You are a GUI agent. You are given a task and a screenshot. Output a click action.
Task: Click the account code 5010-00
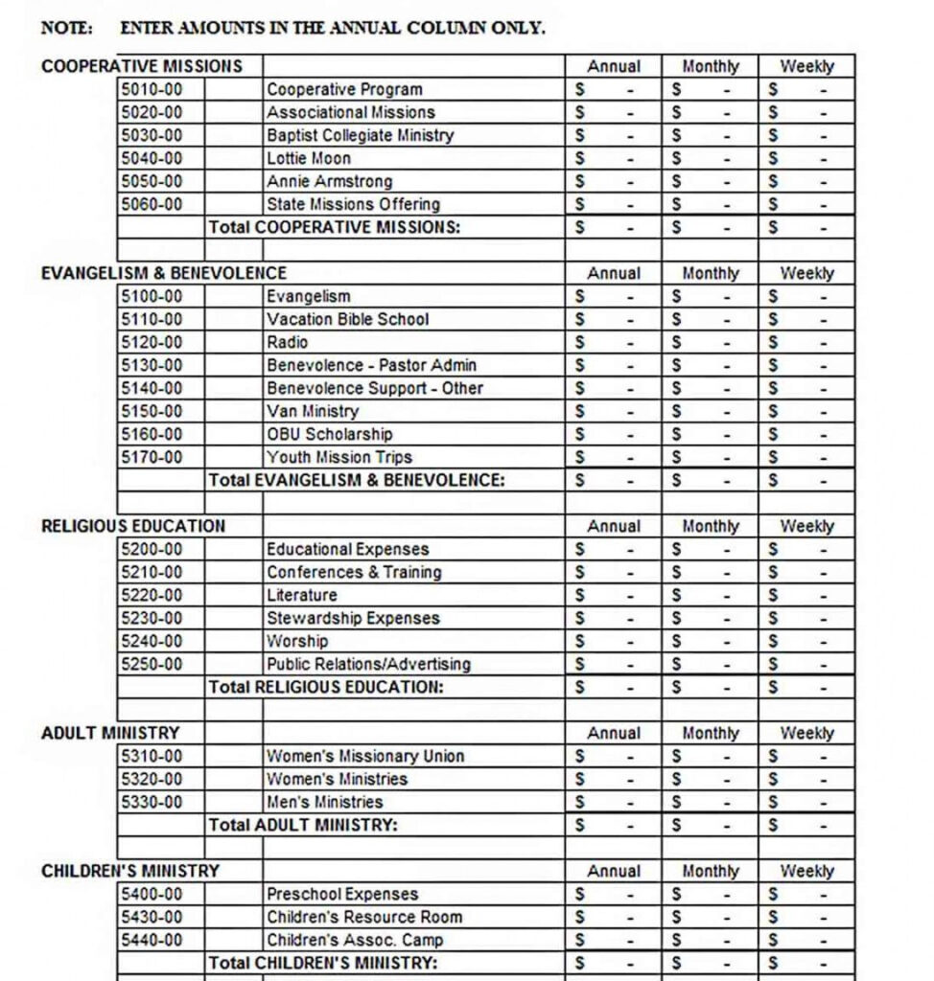click(152, 89)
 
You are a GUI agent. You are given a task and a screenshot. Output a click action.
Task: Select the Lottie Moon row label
click(309, 158)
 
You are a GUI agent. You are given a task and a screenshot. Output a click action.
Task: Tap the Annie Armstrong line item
click(329, 181)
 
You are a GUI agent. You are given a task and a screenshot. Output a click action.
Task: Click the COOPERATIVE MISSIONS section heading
click(142, 66)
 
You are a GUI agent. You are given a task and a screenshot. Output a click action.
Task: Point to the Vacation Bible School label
click(347, 319)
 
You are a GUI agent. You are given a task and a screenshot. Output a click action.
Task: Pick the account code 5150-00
click(152, 411)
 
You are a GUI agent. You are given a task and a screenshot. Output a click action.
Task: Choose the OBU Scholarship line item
click(329, 434)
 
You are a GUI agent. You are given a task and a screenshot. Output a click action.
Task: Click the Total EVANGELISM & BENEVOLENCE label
click(357, 480)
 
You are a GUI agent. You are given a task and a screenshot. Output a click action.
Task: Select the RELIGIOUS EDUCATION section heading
click(133, 526)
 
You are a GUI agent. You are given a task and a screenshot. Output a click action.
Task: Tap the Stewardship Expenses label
click(353, 618)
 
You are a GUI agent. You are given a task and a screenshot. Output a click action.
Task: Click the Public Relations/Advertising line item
click(368, 664)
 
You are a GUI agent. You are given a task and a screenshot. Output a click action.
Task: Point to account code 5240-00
click(152, 641)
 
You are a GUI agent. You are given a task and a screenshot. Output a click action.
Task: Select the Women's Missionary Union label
click(364, 756)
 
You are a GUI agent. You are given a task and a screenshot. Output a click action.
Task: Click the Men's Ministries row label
click(324, 802)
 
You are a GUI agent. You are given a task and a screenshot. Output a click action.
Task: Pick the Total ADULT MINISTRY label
click(303, 825)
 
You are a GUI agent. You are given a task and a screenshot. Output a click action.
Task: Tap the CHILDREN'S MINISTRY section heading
click(130, 871)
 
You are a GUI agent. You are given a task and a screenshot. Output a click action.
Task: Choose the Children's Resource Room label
click(363, 917)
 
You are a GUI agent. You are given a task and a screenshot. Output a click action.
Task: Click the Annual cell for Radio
click(613, 342)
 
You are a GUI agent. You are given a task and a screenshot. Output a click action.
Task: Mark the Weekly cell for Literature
click(806, 595)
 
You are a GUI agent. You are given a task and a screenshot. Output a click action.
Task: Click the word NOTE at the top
click(67, 28)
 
